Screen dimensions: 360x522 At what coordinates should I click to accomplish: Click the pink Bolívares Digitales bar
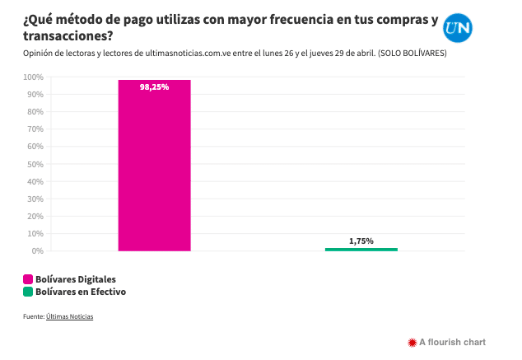(x=154, y=165)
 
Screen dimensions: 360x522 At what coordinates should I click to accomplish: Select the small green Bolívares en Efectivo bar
(x=361, y=249)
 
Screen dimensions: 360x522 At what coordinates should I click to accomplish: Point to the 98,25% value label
(x=154, y=86)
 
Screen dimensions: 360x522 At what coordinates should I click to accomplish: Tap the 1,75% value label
(x=361, y=241)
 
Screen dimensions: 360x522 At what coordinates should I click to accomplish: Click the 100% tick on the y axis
(x=34, y=77)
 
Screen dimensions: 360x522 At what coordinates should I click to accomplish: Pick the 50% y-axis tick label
(x=35, y=164)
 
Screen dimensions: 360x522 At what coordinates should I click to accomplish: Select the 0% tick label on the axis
(x=38, y=250)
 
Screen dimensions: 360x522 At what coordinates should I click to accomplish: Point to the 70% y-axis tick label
(x=35, y=129)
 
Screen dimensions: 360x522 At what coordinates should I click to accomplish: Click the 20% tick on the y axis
(x=35, y=216)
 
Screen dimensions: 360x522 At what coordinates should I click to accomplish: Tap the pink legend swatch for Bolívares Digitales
(x=27, y=279)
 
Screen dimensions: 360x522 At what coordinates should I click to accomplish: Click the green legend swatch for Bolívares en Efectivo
(x=27, y=291)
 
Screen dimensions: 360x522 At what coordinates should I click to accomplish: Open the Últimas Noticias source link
(x=69, y=316)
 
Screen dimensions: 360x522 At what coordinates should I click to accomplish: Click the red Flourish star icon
(x=412, y=342)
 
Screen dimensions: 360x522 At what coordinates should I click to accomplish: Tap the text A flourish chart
(x=452, y=342)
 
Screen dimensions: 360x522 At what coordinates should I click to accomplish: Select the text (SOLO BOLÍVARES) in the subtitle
(x=412, y=53)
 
